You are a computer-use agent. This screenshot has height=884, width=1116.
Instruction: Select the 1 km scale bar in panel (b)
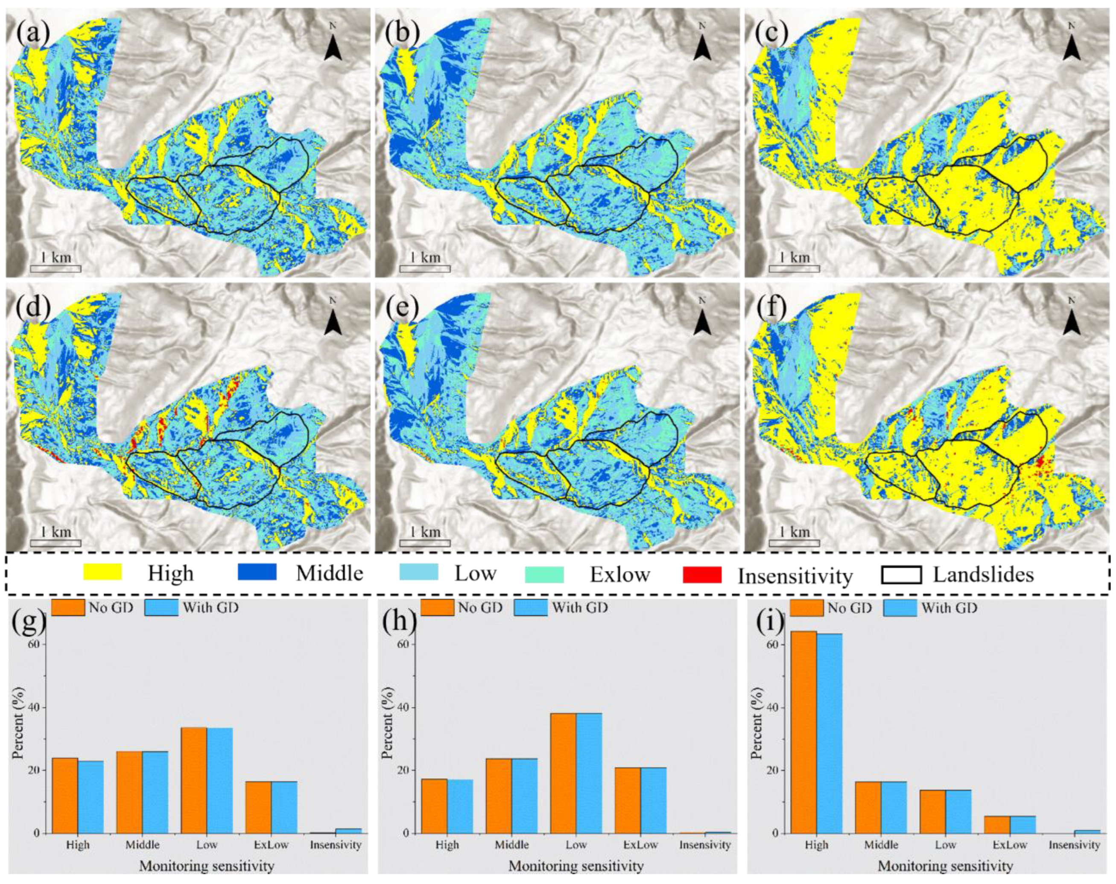pyautogui.click(x=424, y=268)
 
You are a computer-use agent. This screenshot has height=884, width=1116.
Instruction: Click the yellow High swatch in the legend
pyautogui.click(x=102, y=572)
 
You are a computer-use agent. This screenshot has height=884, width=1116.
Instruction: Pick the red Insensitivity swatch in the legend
pyautogui.click(x=702, y=575)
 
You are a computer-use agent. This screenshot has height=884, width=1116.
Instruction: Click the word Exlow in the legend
pyautogui.click(x=619, y=575)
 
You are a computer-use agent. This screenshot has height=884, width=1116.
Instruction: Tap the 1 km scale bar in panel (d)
pyautogui.click(x=56, y=543)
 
